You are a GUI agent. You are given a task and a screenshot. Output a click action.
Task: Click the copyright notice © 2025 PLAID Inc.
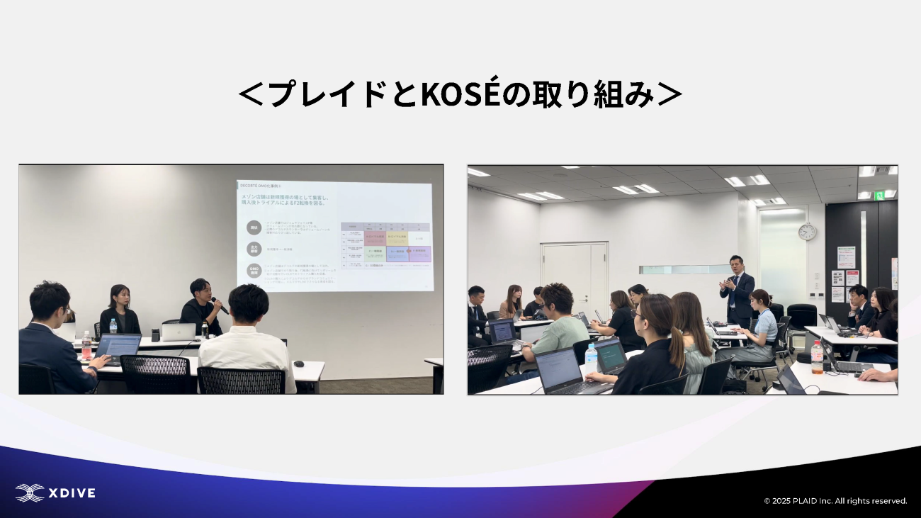pyautogui.click(x=835, y=501)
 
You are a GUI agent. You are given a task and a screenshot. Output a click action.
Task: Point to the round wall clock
pyautogui.click(x=806, y=232)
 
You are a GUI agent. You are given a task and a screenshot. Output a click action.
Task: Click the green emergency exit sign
pyautogui.click(x=879, y=195)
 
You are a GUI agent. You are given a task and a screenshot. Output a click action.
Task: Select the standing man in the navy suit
pyautogui.click(x=736, y=291)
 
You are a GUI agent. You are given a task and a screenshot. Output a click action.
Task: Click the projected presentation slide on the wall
pyautogui.click(x=334, y=235)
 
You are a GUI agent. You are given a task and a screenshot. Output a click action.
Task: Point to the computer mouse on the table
pyautogui.click(x=298, y=364)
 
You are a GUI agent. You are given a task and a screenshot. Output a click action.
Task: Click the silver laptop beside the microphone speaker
pyautogui.click(x=177, y=332)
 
